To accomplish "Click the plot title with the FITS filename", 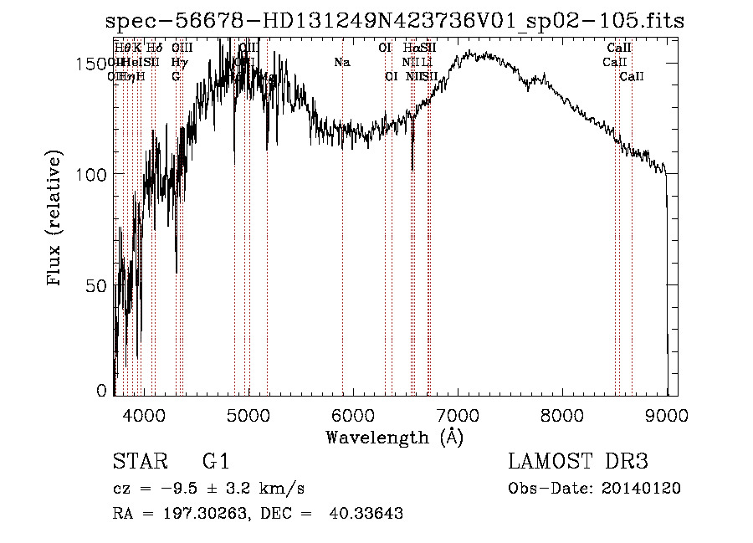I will point(395,22).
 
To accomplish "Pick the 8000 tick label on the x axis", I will point(561,414).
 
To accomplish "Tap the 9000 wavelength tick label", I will point(666,414).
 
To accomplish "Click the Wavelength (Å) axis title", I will point(394,437).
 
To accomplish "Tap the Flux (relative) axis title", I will point(55,220).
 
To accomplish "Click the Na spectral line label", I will point(341,63).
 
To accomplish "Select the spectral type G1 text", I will point(216,462).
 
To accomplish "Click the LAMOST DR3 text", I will point(577,462).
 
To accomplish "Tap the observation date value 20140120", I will point(645,489).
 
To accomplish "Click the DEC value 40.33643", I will point(369,514).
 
